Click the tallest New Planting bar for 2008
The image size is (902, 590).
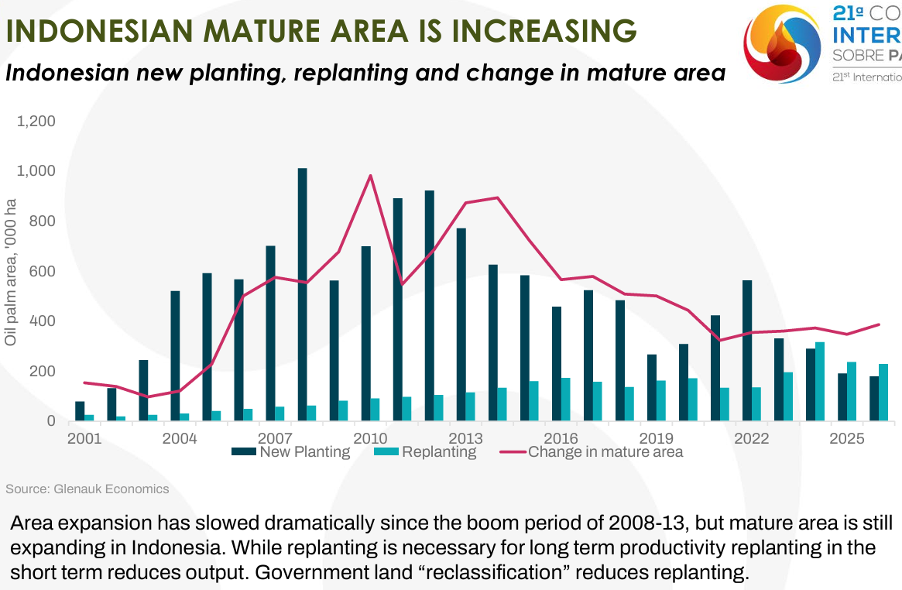(x=302, y=294)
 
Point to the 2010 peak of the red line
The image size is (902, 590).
(x=370, y=176)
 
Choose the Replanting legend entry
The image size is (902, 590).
(x=425, y=451)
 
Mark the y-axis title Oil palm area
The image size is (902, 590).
(x=11, y=272)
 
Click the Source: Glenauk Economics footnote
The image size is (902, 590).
(x=87, y=489)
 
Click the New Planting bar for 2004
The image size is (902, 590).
(x=175, y=356)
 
